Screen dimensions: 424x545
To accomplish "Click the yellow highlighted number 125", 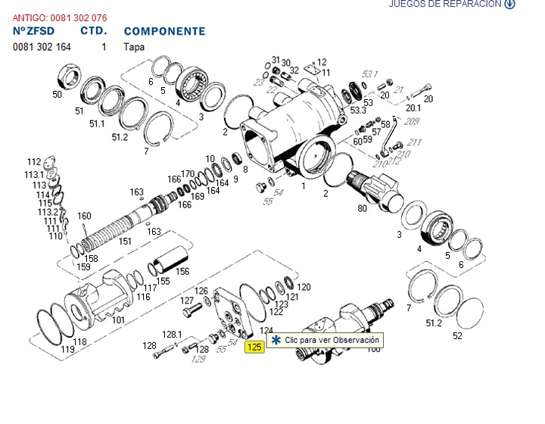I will tap(254, 348).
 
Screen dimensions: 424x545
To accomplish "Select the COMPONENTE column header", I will tap(164, 32).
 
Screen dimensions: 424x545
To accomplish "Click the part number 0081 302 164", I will tap(42, 47).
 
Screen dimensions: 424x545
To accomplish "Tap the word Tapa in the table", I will tap(133, 47).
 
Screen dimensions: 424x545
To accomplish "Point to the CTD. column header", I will tap(94, 31).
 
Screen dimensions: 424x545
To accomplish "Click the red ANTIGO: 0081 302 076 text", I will tap(59, 17).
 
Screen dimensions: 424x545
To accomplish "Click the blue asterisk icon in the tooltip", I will tap(276, 341).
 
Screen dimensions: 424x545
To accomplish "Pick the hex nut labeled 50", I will tap(70, 79).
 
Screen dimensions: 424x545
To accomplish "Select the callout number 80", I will tap(362, 208).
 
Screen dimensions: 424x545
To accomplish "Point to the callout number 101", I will tap(118, 320).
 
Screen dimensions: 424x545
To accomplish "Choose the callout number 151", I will tap(125, 242).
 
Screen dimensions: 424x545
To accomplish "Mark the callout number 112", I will tap(33, 162).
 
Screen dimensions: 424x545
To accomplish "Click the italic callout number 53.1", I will tap(369, 74).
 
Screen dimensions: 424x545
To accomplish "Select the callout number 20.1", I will tap(413, 108).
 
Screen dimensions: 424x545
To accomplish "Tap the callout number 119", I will tap(67, 350).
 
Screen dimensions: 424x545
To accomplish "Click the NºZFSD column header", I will tap(34, 31).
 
